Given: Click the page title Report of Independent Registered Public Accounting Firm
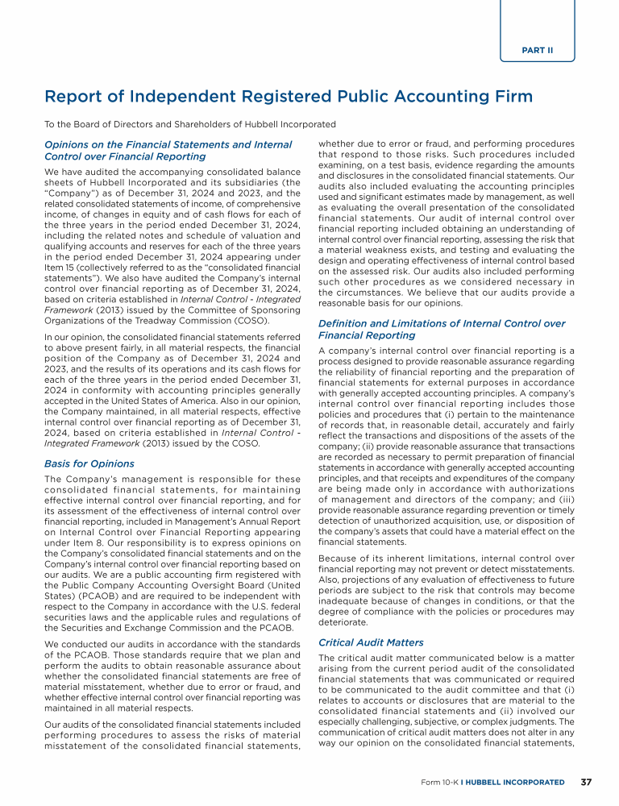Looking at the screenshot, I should (x=289, y=97).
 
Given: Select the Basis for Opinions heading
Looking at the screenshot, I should (x=89, y=463).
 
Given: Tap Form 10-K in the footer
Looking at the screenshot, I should (x=439, y=782).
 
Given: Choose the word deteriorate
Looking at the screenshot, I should (x=345, y=621).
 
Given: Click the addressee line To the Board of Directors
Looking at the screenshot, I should (x=190, y=124).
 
